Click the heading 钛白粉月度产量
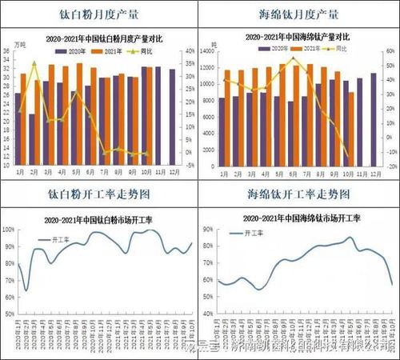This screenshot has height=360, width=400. pyautogui.click(x=100, y=14)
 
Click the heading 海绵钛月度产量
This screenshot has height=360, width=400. pyautogui.click(x=298, y=14)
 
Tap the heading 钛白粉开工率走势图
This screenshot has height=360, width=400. pyautogui.click(x=100, y=194)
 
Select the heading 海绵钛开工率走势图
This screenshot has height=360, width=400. pyautogui.click(x=298, y=194)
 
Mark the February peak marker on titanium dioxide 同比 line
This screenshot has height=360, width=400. pyautogui.click(x=34, y=64)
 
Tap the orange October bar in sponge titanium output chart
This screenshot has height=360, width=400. pyautogui.click(x=351, y=128)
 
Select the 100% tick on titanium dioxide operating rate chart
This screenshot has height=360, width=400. pyautogui.click(x=10, y=229)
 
